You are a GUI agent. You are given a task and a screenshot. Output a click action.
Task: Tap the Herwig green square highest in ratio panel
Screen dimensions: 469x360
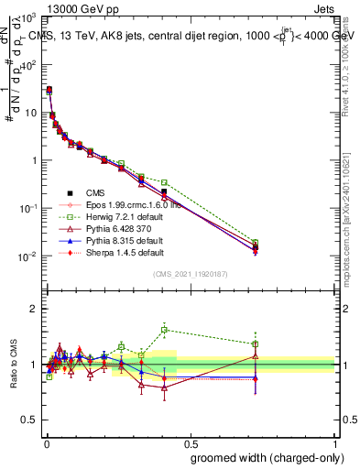[x=164, y=330]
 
